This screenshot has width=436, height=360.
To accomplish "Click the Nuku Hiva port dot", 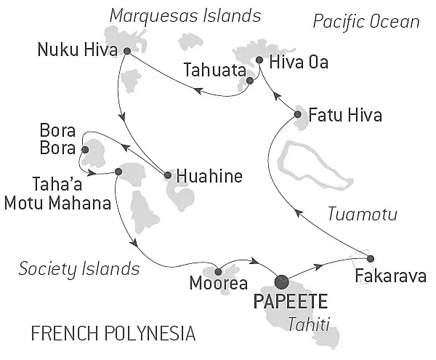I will (127, 51).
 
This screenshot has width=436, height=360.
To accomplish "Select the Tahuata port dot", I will (249, 81).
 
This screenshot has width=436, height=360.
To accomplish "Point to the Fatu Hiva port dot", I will (298, 114).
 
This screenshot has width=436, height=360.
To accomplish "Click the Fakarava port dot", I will (371, 258).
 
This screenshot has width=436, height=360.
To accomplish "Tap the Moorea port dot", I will (218, 271).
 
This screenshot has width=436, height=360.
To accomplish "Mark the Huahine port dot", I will (168, 175).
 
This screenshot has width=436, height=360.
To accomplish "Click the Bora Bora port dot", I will (86, 150).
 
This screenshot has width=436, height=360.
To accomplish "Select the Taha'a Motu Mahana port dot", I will (118, 172).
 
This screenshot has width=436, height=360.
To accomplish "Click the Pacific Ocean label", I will (366, 22).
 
